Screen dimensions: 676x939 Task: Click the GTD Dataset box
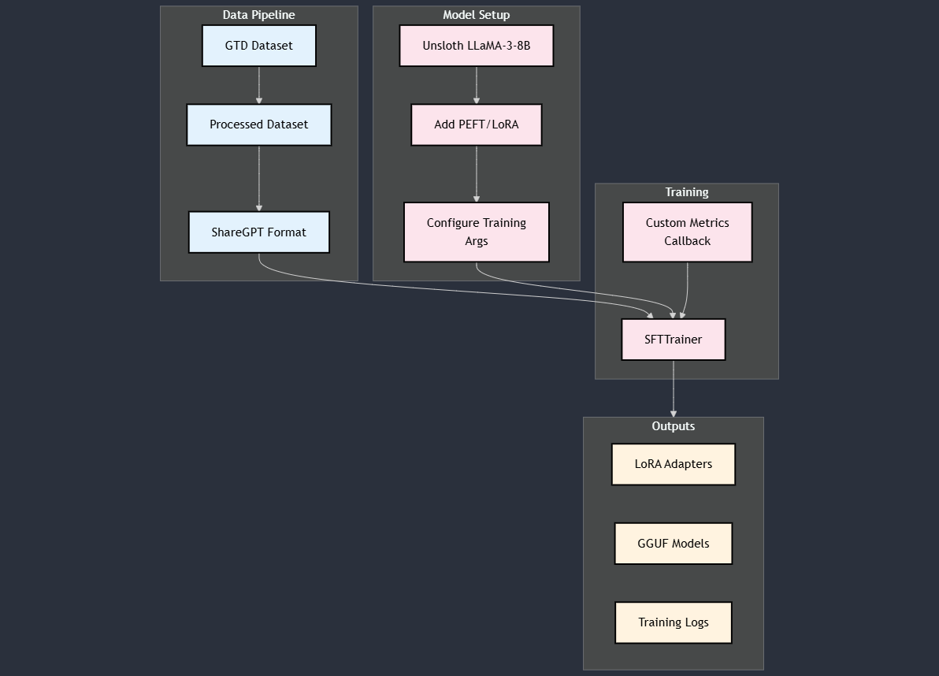click(258, 46)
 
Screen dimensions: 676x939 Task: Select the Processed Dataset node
click(258, 124)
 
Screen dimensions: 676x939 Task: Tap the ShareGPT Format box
click(258, 232)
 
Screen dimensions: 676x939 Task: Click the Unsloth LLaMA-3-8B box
click(476, 46)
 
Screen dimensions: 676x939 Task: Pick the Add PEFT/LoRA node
click(476, 124)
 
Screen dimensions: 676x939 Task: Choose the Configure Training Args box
click(476, 232)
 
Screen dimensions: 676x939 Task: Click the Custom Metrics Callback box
click(687, 232)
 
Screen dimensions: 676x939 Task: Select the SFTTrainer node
click(673, 340)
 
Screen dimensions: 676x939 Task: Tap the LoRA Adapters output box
click(673, 464)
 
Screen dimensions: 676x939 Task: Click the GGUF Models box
click(673, 544)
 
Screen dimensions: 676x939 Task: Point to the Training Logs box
click(673, 622)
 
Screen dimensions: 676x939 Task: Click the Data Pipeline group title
click(258, 15)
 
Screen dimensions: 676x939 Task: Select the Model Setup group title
click(476, 15)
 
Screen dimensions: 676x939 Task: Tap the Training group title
click(686, 192)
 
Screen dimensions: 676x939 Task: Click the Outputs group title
click(673, 426)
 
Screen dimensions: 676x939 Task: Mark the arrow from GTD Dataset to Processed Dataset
click(258, 85)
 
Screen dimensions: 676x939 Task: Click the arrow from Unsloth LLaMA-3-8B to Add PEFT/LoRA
click(476, 85)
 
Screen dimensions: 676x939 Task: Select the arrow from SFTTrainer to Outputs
click(673, 388)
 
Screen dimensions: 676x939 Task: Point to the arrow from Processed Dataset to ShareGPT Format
click(258, 178)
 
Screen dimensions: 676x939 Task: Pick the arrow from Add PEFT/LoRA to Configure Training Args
click(476, 173)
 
